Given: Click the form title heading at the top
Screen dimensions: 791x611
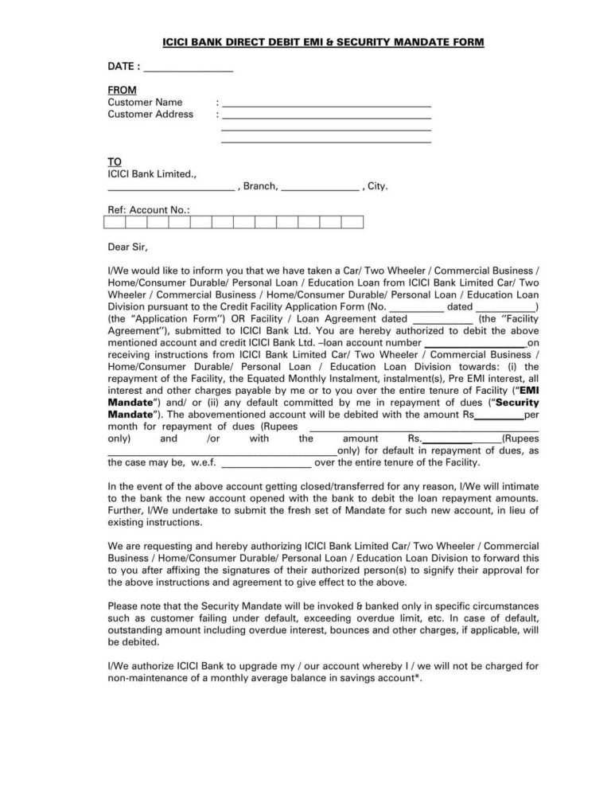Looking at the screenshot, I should point(306,41).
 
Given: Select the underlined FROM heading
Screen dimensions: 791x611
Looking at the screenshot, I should point(122,90).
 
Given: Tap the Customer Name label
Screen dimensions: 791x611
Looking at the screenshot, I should point(145,102).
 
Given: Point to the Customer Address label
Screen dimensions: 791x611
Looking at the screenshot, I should point(150,114).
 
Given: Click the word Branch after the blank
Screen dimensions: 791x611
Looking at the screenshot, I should point(260,186).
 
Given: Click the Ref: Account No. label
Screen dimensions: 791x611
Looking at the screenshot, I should point(149,210).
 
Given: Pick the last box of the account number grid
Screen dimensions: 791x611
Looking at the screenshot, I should point(353,223).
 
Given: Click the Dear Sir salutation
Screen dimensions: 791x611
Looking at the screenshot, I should point(128,247).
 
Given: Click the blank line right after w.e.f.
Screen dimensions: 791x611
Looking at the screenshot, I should point(267,462).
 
